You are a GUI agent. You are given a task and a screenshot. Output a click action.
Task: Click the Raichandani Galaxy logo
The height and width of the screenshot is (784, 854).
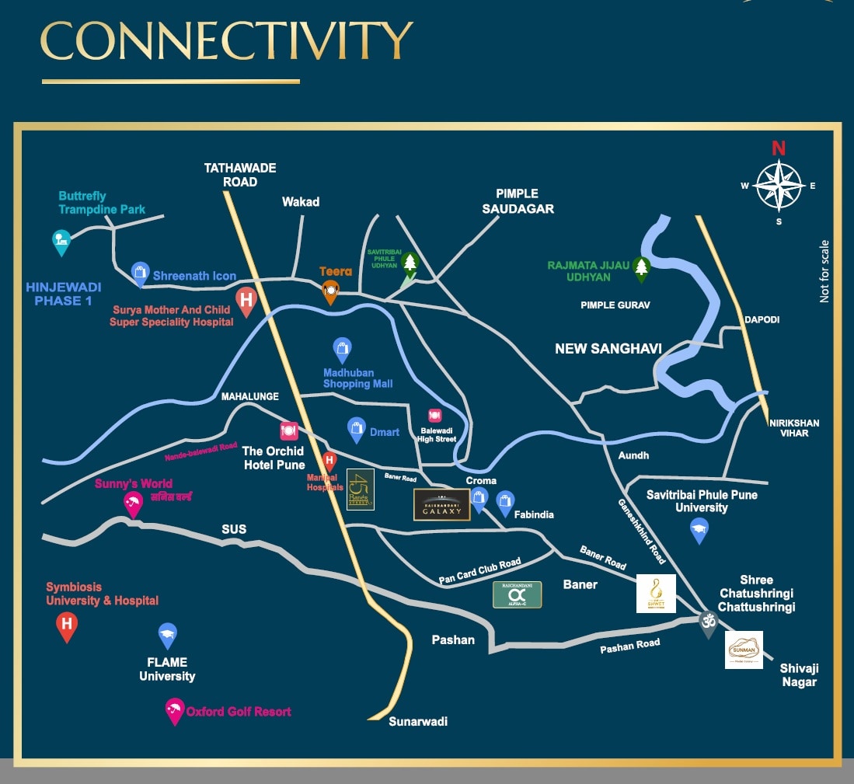tap(441, 504)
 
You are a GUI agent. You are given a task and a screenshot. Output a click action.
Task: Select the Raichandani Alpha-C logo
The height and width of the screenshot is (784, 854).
tap(518, 594)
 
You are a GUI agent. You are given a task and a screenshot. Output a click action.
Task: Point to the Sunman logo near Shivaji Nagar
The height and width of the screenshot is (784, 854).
tap(744, 650)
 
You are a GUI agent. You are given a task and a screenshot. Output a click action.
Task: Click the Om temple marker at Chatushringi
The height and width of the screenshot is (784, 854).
tap(707, 622)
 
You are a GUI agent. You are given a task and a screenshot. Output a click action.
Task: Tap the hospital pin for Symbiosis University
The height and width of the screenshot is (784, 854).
tap(67, 625)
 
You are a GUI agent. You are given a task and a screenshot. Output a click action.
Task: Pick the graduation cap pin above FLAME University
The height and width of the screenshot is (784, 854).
tap(167, 636)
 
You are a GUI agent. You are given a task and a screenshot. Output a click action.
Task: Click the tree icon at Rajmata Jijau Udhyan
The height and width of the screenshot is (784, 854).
tap(641, 268)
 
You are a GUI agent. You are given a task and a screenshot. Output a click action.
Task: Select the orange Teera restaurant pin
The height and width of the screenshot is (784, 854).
tap(330, 291)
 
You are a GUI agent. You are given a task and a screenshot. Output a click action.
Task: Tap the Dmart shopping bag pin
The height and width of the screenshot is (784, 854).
tap(357, 429)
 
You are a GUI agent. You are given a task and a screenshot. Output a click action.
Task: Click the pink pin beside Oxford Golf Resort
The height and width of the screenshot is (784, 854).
tap(174, 710)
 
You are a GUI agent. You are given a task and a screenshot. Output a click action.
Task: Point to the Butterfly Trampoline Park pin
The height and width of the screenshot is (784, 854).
tap(61, 241)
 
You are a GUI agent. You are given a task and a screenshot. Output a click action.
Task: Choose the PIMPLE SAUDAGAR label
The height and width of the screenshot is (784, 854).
tap(517, 200)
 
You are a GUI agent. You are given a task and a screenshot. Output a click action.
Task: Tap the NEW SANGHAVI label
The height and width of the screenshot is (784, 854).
tap(608, 349)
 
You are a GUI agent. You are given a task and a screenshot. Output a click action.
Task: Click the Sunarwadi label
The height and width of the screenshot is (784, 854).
tap(418, 721)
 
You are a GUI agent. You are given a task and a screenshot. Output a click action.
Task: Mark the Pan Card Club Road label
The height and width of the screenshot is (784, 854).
tap(479, 571)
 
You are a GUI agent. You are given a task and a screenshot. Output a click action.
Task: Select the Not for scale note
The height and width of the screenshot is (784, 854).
tap(824, 271)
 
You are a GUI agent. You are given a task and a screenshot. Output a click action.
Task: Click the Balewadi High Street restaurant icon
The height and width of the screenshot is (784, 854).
tap(435, 416)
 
